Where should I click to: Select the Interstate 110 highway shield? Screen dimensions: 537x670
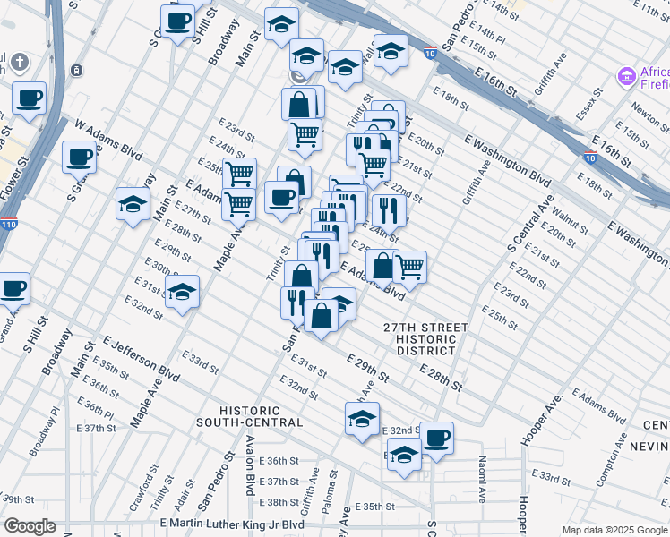tap(8, 224)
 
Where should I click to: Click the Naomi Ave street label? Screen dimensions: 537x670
tap(482, 478)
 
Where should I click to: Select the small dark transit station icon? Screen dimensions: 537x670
tap(79, 71)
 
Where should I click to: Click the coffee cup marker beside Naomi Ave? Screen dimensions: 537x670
tap(437, 438)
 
